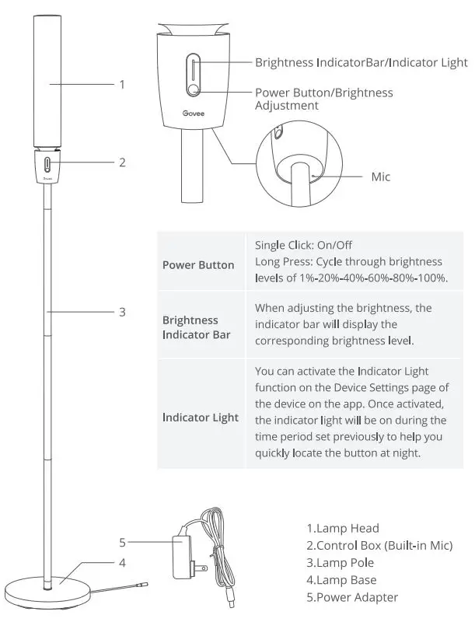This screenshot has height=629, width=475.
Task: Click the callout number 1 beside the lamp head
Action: pyautogui.click(x=121, y=84)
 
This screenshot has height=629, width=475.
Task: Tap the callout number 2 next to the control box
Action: pyautogui.click(x=121, y=162)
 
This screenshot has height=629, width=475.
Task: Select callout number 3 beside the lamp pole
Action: pyautogui.click(x=121, y=312)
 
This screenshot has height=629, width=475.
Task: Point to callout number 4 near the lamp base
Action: pyautogui.click(x=121, y=561)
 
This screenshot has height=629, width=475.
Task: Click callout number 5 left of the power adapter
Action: pyautogui.click(x=121, y=542)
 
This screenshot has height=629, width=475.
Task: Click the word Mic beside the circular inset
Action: pyautogui.click(x=380, y=177)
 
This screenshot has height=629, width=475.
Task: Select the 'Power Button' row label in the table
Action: pyautogui.click(x=198, y=264)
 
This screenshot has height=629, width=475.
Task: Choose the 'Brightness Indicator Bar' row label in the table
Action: pyautogui.click(x=190, y=327)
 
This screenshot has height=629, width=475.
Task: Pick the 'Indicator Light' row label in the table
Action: pyautogui.click(x=201, y=418)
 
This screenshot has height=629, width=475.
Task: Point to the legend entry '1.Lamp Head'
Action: pyautogui.click(x=343, y=529)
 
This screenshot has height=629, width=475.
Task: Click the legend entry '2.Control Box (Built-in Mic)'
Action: pyautogui.click(x=379, y=546)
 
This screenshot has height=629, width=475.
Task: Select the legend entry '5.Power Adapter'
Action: pyautogui.click(x=352, y=597)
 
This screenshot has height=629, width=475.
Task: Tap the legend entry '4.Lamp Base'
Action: pyautogui.click(x=341, y=580)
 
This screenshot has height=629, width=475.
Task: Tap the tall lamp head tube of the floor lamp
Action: pyautogui.click(x=48, y=82)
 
